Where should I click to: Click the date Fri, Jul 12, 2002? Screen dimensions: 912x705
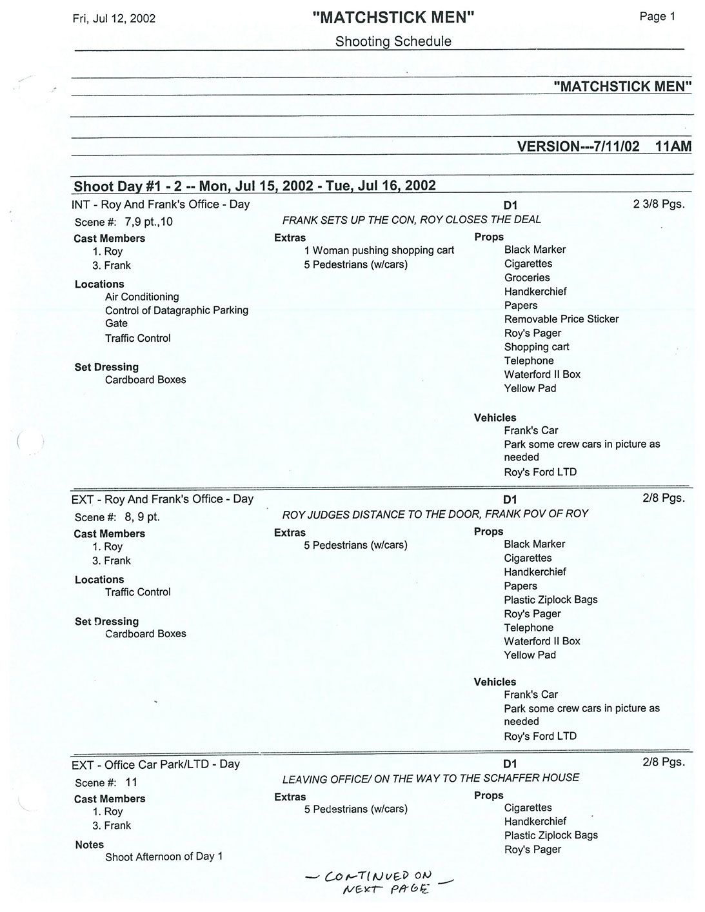(x=114, y=18)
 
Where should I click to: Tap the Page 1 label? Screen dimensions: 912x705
(x=657, y=17)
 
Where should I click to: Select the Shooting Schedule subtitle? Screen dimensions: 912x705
(x=393, y=41)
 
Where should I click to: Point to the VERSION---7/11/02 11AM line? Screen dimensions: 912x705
(x=604, y=146)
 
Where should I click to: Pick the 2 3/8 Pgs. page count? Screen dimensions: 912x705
(x=659, y=204)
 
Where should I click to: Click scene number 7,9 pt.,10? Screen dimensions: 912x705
(x=148, y=222)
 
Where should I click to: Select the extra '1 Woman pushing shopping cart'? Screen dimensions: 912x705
(x=379, y=250)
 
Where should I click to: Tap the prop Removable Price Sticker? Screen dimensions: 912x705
(x=561, y=319)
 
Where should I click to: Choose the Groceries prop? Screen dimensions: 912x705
(x=527, y=278)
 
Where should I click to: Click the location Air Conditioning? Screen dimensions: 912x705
(x=142, y=297)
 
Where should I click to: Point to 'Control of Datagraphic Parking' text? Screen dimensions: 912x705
(x=177, y=310)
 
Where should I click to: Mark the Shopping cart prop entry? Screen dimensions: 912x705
(x=537, y=347)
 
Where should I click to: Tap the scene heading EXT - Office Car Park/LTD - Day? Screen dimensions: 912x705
(x=155, y=764)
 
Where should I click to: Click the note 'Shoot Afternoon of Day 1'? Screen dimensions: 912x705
(x=164, y=857)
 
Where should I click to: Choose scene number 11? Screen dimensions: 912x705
(x=131, y=782)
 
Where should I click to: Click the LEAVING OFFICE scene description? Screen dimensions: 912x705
(x=430, y=778)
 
